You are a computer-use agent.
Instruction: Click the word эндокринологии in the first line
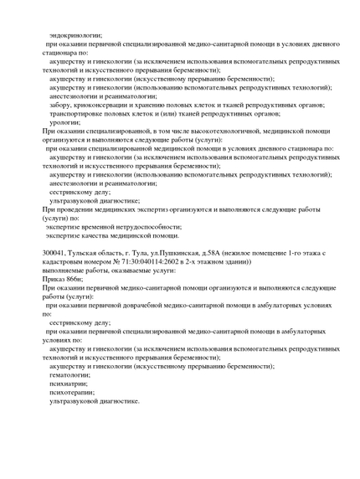click(75, 35)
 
